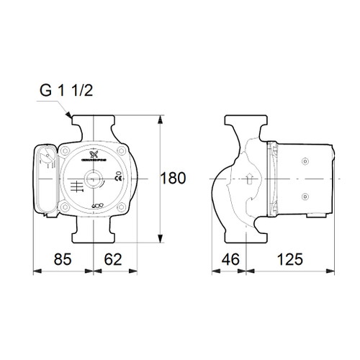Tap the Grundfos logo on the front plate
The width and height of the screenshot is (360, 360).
click(x=95, y=154)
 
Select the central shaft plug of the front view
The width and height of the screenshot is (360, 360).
click(x=95, y=178)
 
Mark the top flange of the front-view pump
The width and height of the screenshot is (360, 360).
click(x=95, y=120)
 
